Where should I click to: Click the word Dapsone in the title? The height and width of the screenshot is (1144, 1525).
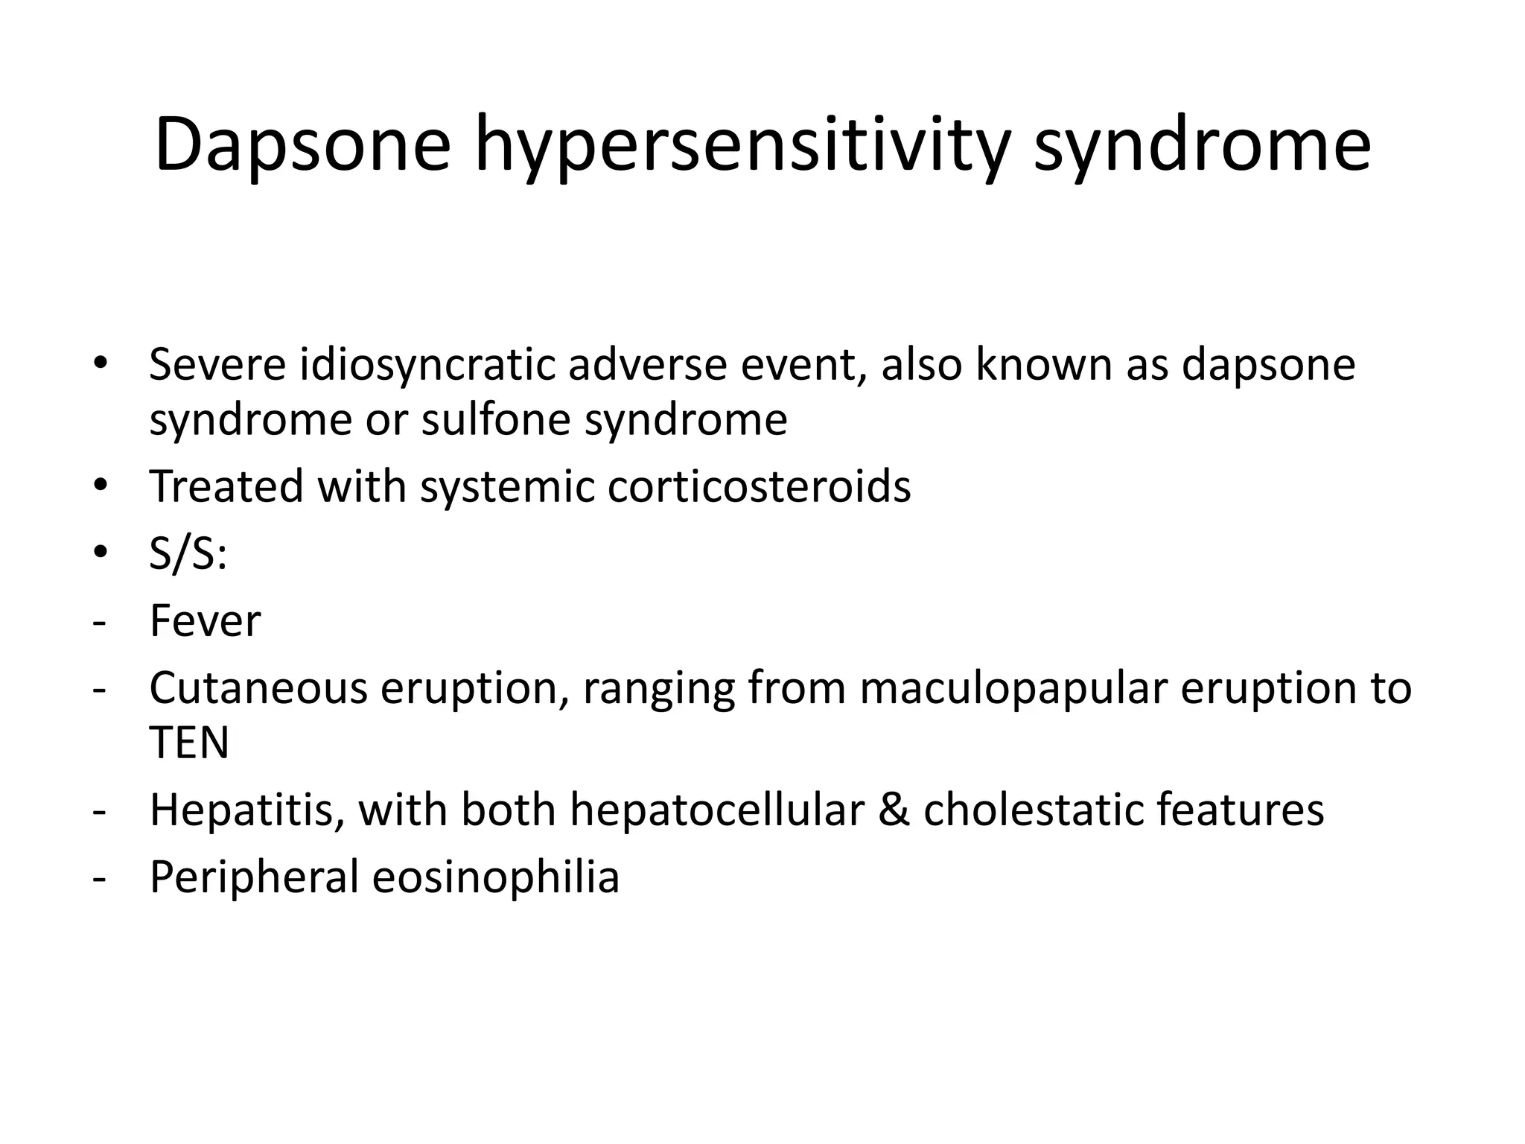[x=302, y=145]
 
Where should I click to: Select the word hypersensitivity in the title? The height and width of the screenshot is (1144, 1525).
[x=742, y=145]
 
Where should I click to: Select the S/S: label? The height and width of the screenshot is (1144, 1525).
[x=188, y=554]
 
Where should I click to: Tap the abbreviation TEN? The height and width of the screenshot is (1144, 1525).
[x=189, y=743]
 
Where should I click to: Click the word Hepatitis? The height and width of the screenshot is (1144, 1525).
[x=245, y=810]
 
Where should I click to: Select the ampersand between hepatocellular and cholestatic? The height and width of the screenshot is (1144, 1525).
[x=894, y=810]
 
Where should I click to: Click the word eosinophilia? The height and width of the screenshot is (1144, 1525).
[x=495, y=877]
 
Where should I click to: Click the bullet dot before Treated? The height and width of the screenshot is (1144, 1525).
[x=100, y=486]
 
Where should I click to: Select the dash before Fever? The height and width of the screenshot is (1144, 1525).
[x=98, y=622]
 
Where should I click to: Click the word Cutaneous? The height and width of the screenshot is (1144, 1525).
[x=258, y=688]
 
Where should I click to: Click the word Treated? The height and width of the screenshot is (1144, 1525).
[x=226, y=486]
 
